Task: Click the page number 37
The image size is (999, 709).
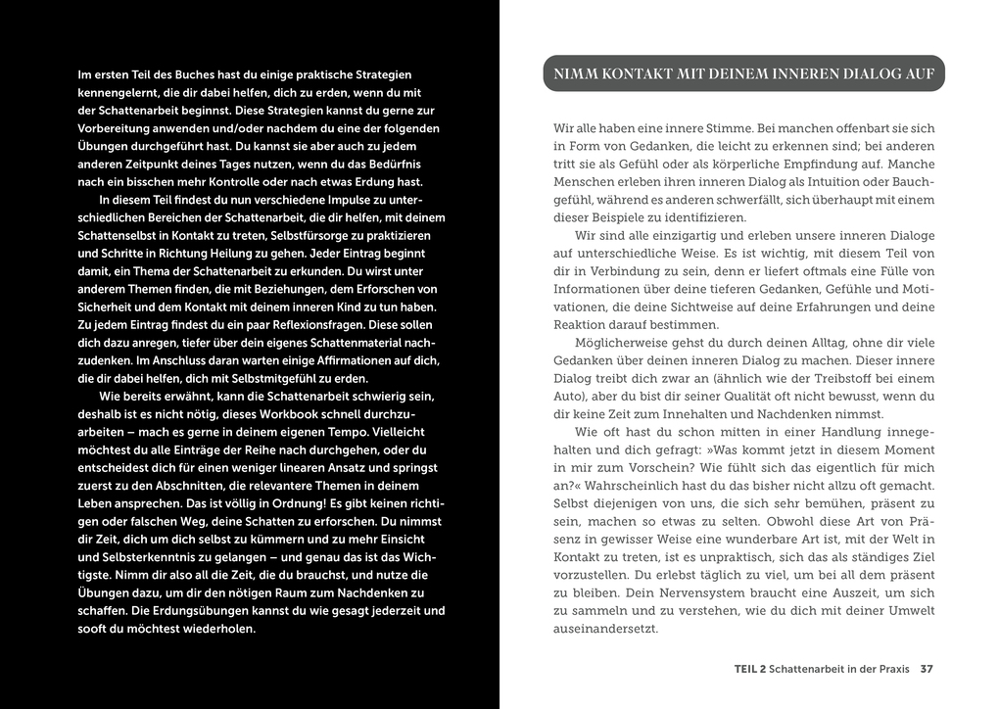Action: (927, 670)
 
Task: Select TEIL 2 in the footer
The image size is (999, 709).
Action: (749, 670)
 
